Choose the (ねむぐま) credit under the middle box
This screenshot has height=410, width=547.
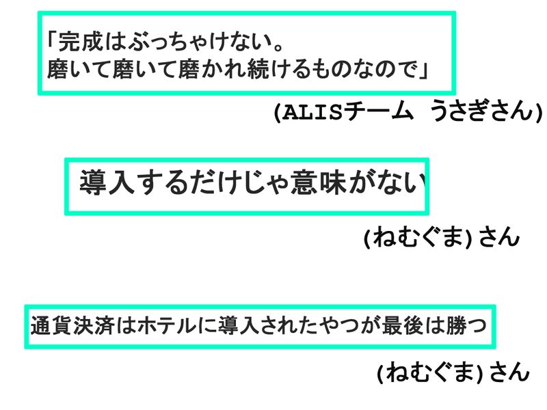(x=418, y=238)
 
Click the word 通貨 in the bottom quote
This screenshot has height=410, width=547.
(x=46, y=326)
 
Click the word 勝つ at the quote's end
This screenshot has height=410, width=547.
(x=470, y=326)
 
